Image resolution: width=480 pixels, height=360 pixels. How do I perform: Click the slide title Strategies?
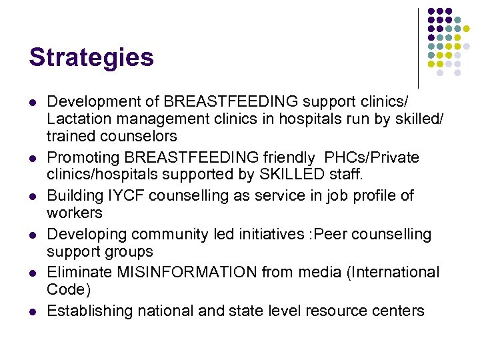91,58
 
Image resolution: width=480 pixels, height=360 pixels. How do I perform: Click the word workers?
75,213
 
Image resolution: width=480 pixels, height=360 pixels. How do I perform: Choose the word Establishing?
89,311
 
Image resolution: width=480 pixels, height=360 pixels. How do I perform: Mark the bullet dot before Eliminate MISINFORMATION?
32,273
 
